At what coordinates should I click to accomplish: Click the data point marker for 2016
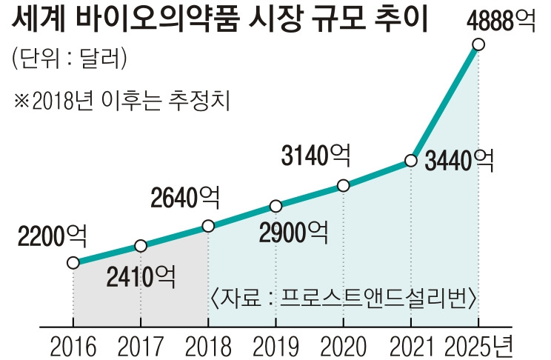coord(73,262)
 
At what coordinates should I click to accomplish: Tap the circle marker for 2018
coord(208,226)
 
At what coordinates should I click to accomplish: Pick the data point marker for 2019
coord(275,206)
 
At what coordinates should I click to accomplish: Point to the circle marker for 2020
coord(343,185)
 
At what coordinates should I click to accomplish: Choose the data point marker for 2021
coord(410,161)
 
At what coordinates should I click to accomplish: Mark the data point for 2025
coord(478,45)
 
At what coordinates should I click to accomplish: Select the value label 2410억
coord(141,276)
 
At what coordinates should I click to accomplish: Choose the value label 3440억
coord(459,161)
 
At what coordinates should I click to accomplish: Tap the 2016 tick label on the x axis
coord(73,344)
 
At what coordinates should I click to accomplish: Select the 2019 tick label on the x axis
coord(275,344)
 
